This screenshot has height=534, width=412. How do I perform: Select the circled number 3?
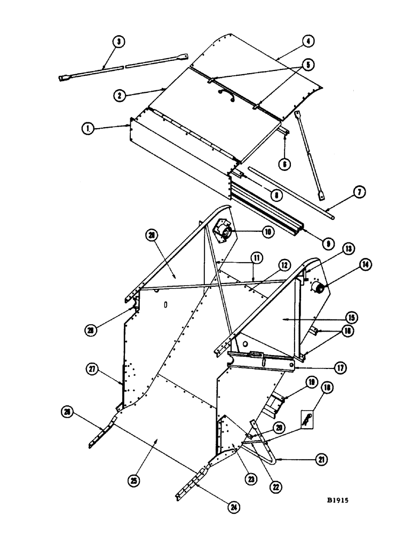[118, 41]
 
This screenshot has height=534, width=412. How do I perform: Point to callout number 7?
[360, 192]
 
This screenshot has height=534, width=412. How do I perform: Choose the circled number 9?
[328, 242]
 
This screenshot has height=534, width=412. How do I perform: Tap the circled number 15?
[348, 317]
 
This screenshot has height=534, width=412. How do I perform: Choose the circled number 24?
[232, 507]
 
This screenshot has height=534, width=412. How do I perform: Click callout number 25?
[133, 481]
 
